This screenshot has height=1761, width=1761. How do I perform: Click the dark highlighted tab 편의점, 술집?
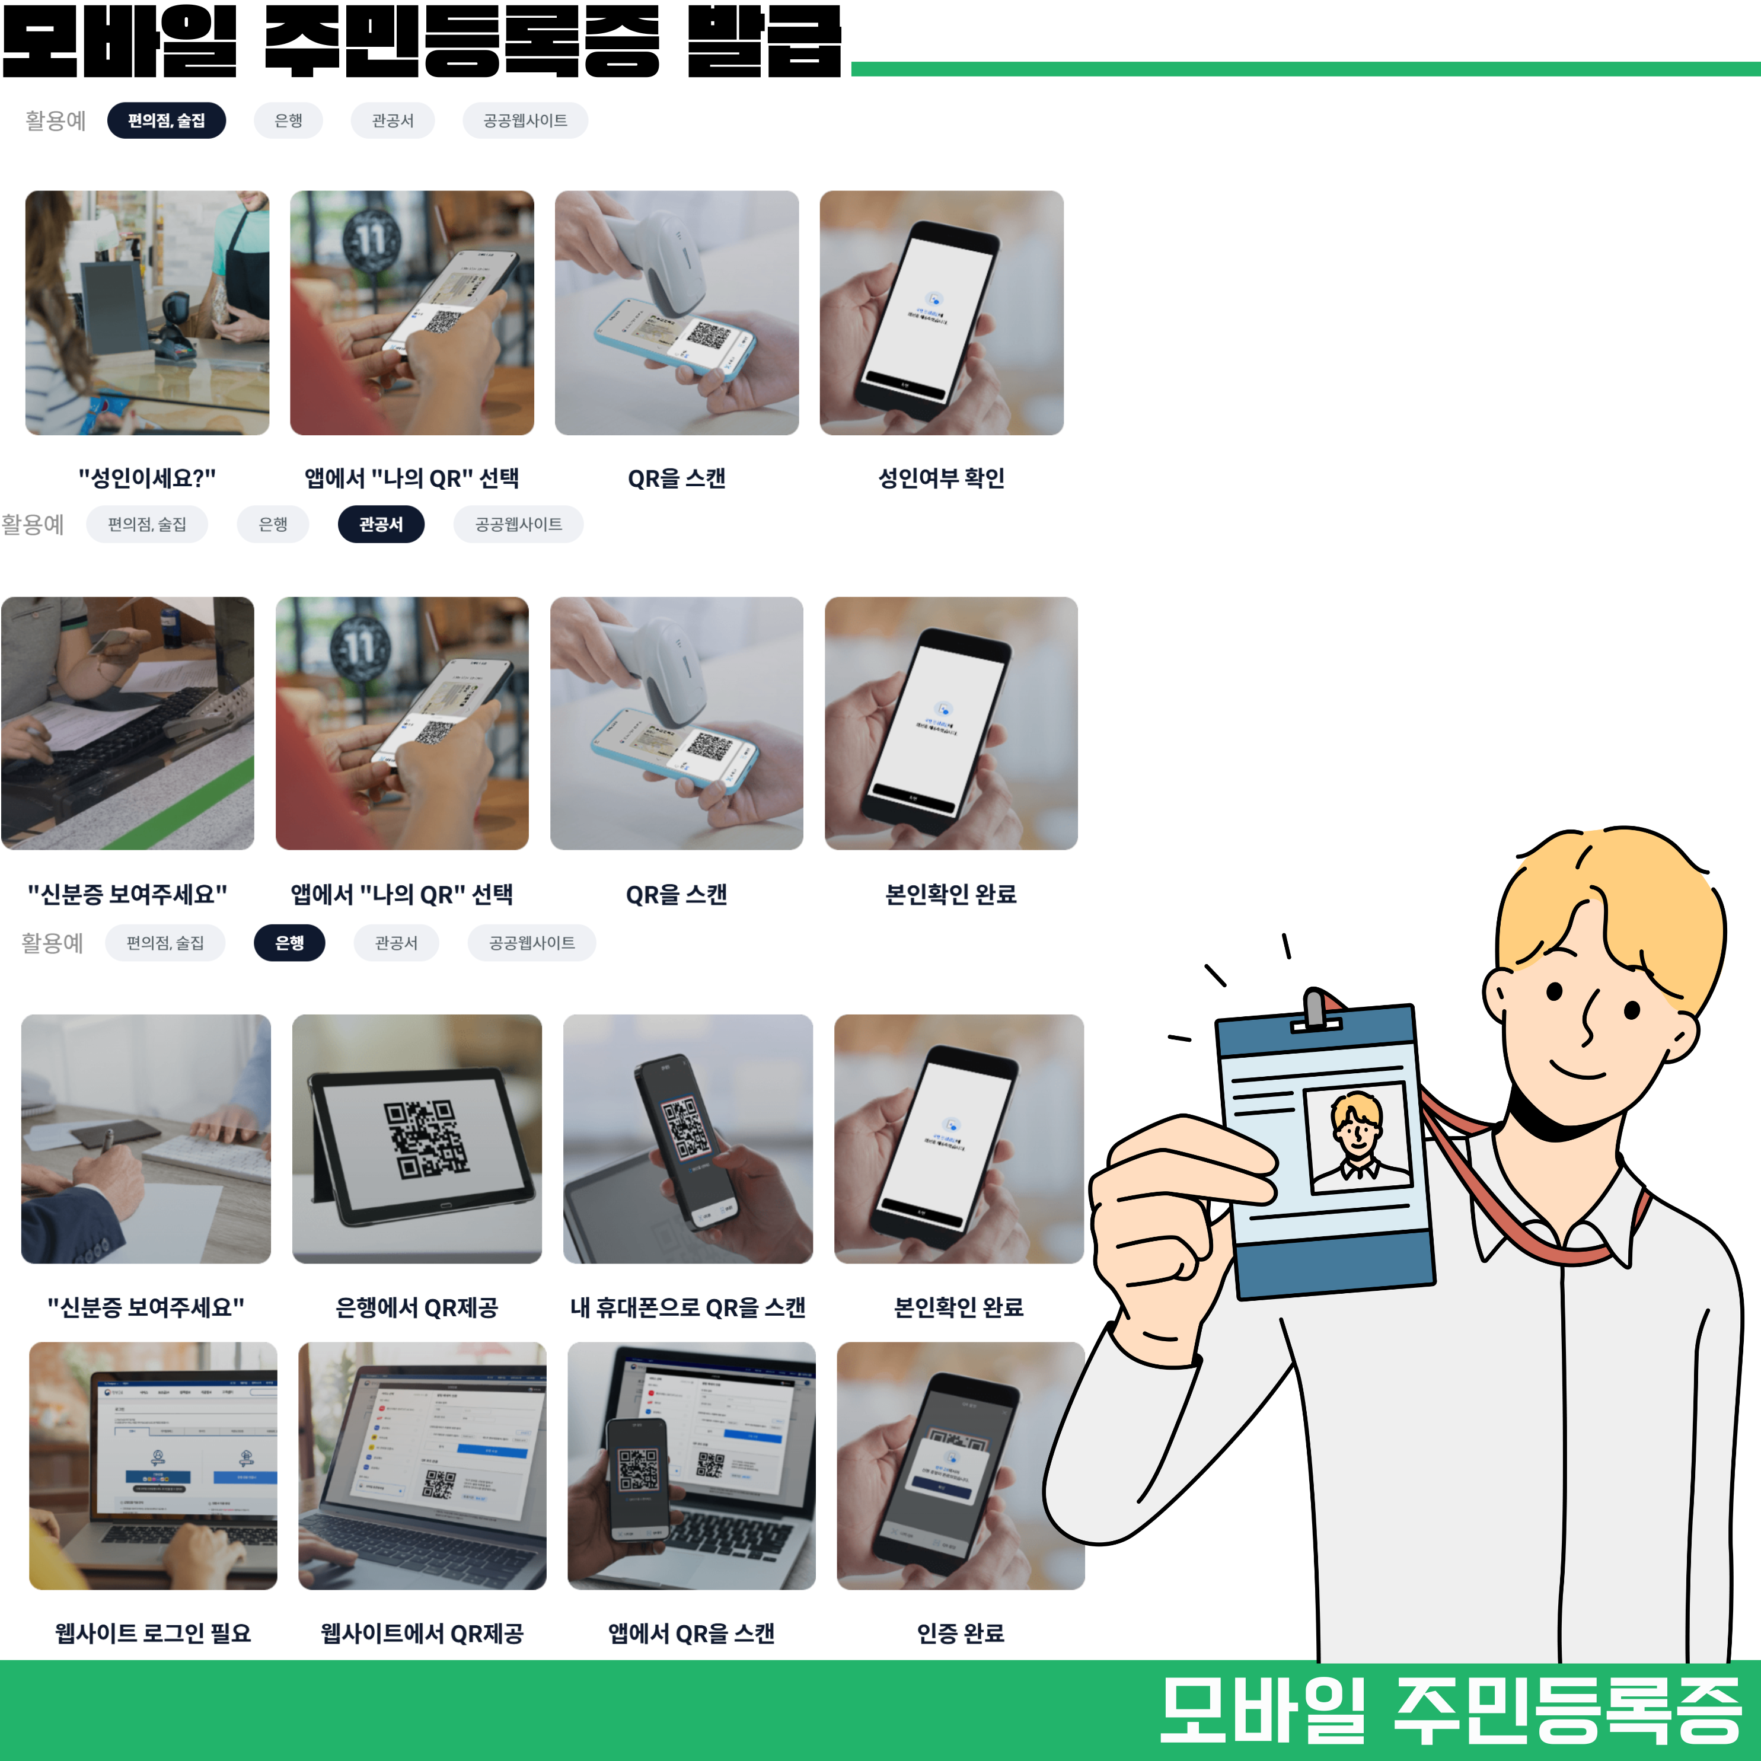pos(166,120)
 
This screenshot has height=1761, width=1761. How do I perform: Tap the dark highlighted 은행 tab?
pos(289,943)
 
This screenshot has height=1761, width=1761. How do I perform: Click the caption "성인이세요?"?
pos(147,478)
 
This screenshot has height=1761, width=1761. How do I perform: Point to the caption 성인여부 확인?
pos(940,478)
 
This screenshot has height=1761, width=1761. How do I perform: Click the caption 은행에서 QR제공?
pos(417,1307)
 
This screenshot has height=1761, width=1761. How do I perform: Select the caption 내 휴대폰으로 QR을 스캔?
pos(687,1307)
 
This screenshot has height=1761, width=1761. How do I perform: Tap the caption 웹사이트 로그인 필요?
pos(152,1632)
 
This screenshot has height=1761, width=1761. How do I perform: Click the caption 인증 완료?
pos(960,1632)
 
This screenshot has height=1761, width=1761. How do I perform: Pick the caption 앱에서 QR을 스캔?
pos(691,1632)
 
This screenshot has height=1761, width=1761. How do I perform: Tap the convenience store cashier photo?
pos(147,312)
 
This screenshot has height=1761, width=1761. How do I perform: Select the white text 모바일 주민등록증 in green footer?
pos(1449,1710)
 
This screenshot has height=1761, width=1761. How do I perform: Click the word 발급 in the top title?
pos(764,41)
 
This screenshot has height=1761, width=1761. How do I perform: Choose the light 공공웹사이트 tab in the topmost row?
pos(524,120)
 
